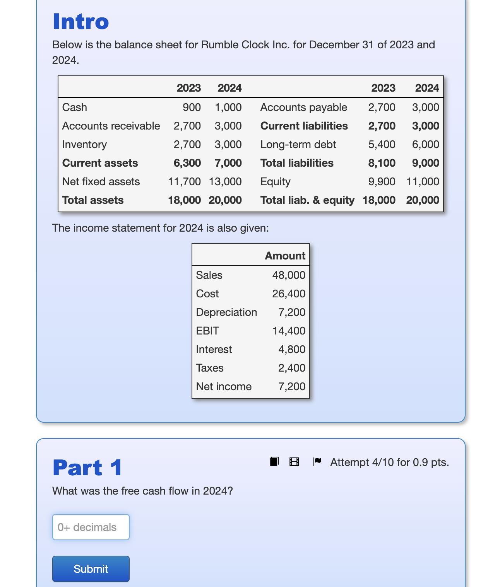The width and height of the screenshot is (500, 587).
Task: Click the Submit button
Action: click(91, 568)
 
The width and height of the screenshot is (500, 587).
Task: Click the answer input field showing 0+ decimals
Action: click(91, 527)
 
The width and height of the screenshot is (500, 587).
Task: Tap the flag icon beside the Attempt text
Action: click(317, 461)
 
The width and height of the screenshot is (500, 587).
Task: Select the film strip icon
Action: click(294, 462)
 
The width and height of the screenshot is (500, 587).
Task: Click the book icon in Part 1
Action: click(274, 461)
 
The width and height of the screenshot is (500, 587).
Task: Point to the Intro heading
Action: click(81, 22)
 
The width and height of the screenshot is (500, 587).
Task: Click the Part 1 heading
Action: click(87, 468)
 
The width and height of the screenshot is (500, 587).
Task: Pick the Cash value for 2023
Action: click(192, 108)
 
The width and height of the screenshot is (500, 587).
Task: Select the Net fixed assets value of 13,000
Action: click(225, 182)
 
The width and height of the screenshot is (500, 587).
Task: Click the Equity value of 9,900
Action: click(382, 182)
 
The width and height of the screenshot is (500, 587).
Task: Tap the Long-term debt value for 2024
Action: click(425, 145)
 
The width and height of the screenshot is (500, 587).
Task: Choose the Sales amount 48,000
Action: click(289, 275)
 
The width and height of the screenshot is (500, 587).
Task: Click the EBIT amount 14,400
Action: click(289, 331)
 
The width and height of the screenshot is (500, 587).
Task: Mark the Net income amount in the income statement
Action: click(292, 387)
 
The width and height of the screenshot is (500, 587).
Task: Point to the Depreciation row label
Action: click(226, 312)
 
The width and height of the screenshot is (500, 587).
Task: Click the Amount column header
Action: click(285, 256)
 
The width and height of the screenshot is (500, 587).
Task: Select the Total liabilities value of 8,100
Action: click(382, 163)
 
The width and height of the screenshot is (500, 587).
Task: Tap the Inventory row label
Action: click(84, 145)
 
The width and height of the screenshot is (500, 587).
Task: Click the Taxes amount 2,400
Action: click(292, 368)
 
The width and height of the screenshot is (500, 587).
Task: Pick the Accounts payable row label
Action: click(303, 108)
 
